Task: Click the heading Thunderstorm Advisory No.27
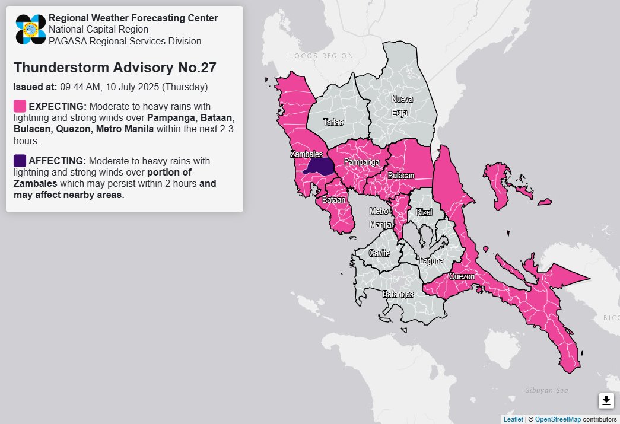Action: point(115,68)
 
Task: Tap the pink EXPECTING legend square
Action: point(20,106)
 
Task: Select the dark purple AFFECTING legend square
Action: point(20,161)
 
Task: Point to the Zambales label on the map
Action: point(306,154)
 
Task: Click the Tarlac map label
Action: point(333,122)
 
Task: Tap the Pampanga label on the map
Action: point(361,162)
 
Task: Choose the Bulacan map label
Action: point(401,176)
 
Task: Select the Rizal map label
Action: point(424,212)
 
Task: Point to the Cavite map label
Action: point(379,253)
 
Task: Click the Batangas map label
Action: point(398,294)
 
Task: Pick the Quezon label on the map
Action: point(462,276)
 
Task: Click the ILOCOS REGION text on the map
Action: point(320,56)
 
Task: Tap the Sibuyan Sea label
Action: point(546,390)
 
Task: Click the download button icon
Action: point(606,401)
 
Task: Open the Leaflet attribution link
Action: point(513,419)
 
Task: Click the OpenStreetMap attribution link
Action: point(557,419)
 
